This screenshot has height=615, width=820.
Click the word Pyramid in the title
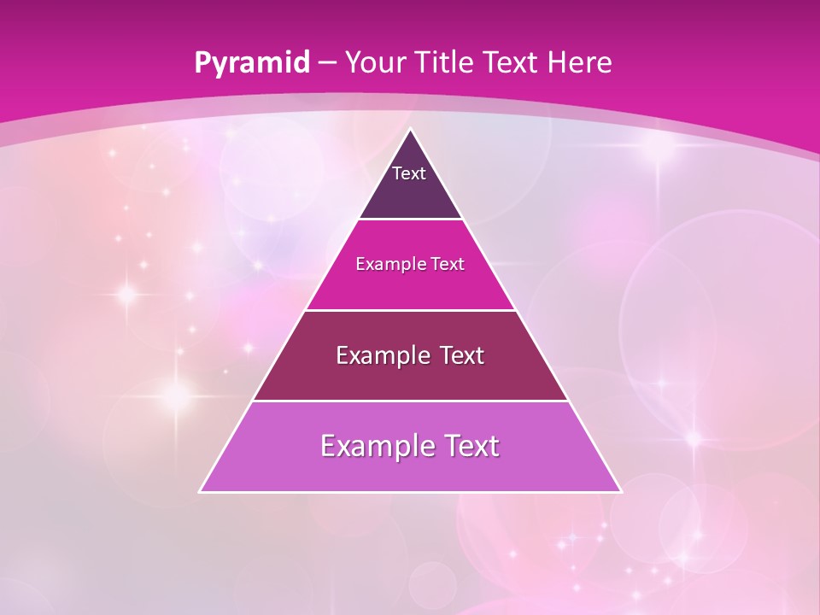pyautogui.click(x=251, y=63)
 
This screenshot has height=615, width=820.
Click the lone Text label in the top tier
pyautogui.click(x=409, y=173)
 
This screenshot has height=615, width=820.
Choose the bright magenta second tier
pyautogui.click(x=410, y=286)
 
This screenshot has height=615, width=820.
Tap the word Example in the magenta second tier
pyautogui.click(x=389, y=264)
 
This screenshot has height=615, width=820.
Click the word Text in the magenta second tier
pyautogui.click(x=448, y=264)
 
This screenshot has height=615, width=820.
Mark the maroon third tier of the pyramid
pyautogui.click(x=410, y=380)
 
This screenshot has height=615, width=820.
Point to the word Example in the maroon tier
pyautogui.click(x=381, y=355)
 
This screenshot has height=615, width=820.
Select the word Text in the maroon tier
pyautogui.click(x=462, y=355)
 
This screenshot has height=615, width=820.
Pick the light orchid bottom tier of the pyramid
pyautogui.click(x=410, y=471)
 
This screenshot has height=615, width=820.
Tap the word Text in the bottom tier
pyautogui.click(x=472, y=446)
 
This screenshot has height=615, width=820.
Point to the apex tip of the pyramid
pyautogui.click(x=410, y=131)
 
